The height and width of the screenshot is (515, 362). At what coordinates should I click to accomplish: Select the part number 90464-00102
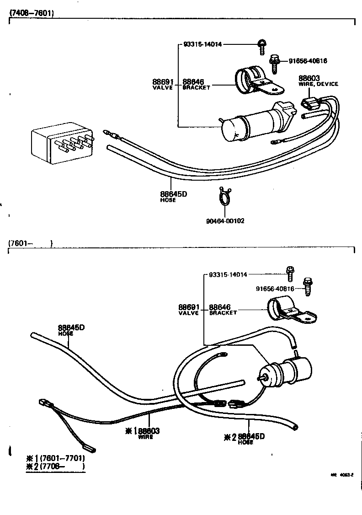coord(225,221)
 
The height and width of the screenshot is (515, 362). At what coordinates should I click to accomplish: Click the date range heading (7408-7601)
coord(31,13)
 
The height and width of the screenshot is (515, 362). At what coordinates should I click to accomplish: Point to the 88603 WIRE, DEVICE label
coord(318,80)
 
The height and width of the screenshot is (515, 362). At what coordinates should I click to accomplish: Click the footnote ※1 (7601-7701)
coord(56,458)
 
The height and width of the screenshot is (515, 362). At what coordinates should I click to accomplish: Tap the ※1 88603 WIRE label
coord(143,433)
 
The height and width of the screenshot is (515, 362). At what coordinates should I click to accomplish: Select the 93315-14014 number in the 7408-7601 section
coord(202,44)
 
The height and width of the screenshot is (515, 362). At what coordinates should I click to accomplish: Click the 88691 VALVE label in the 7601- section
coord(188,309)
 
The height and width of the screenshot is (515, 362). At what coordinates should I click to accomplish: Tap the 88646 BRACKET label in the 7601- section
coord(223,309)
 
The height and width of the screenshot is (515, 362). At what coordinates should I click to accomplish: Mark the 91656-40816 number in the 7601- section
coord(274,289)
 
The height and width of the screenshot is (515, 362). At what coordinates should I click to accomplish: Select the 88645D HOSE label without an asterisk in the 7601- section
coord(71,329)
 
